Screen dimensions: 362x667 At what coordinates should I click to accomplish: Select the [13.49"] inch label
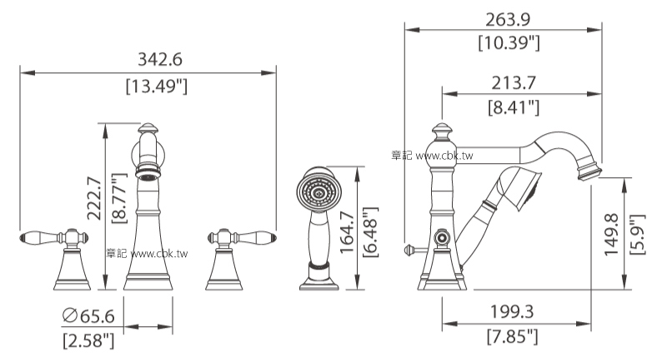pyautogui.click(x=155, y=85)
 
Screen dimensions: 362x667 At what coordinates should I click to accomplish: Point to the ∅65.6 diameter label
pyautogui.click(x=88, y=315)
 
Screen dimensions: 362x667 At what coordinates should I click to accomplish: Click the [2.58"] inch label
pyautogui.click(x=88, y=340)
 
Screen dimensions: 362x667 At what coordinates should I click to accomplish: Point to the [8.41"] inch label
pyautogui.click(x=513, y=107)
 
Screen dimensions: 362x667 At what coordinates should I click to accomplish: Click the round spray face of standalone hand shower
pyautogui.click(x=317, y=190)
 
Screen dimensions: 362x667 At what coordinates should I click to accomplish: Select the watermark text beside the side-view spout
pyautogui.click(x=431, y=156)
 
